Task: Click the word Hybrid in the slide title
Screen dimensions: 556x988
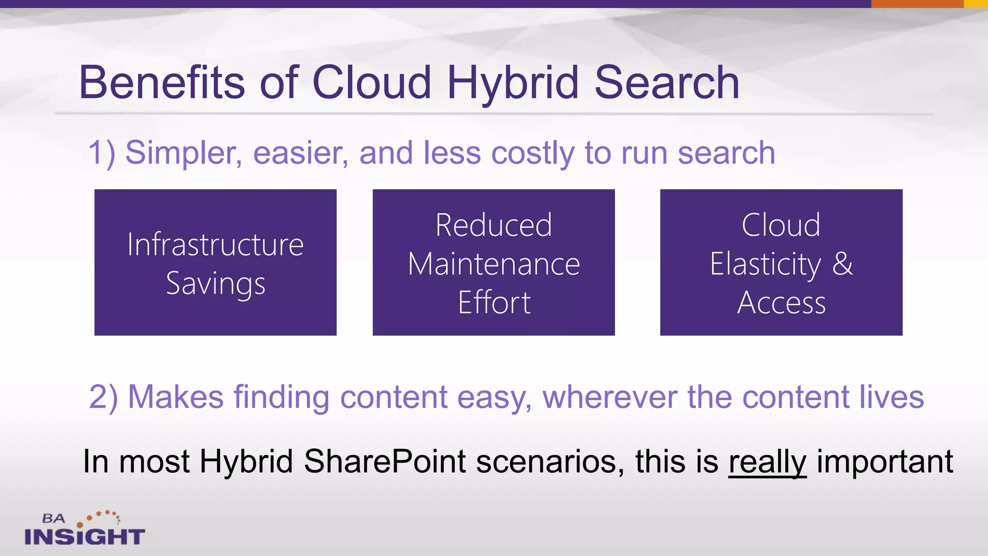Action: click(x=512, y=83)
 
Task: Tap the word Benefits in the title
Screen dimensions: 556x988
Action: click(x=162, y=83)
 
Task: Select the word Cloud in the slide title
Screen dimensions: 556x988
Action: click(x=371, y=83)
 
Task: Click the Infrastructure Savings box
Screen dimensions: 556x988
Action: click(x=215, y=263)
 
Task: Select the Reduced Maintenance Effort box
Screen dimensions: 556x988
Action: click(x=494, y=263)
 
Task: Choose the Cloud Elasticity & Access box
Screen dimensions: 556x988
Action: click(x=781, y=263)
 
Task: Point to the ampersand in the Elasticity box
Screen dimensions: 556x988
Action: click(x=842, y=264)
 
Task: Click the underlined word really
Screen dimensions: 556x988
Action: click(x=767, y=462)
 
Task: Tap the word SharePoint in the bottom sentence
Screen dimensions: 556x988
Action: click(x=384, y=461)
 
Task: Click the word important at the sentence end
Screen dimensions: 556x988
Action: click(x=885, y=462)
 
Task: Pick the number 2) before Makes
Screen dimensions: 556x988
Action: click(x=103, y=397)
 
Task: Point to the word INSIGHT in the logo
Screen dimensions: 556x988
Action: click(x=84, y=537)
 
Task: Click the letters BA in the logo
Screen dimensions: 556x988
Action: click(x=53, y=519)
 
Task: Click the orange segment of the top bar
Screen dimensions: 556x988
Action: click(x=917, y=4)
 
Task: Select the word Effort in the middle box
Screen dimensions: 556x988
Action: click(x=494, y=303)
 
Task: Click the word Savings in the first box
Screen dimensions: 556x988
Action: click(x=216, y=283)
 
